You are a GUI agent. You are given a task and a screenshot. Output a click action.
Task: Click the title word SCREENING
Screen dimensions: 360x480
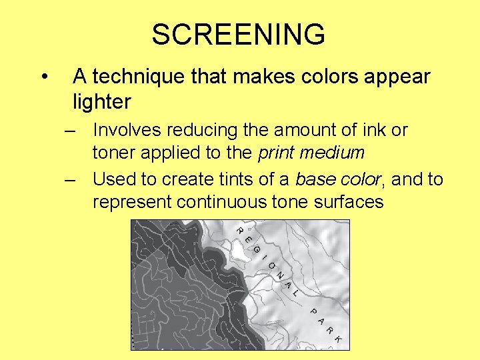click(x=238, y=35)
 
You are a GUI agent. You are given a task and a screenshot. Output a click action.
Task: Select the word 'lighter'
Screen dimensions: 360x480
click(x=102, y=102)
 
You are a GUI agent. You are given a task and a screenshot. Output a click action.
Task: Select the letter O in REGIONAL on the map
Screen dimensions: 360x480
click(x=273, y=267)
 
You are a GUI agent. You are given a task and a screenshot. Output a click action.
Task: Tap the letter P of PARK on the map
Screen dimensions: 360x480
click(x=312, y=311)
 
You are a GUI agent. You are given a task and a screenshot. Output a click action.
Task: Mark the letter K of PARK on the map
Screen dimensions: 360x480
click(x=338, y=339)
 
